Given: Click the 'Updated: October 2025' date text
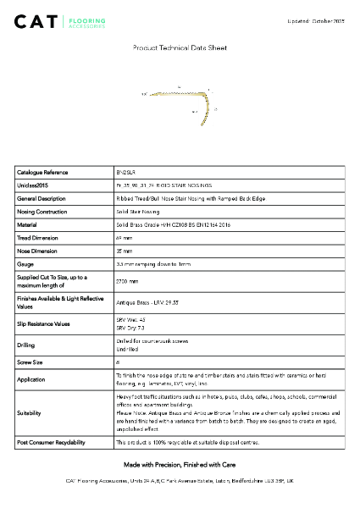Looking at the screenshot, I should [316, 19].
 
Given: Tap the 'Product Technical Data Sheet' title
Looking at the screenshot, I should [180, 49].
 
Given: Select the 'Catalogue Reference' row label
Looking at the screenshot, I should [42, 172].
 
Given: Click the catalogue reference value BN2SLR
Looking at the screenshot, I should [125, 172].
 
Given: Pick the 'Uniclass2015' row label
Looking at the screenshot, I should [33, 185].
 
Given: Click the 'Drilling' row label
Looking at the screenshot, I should [26, 345].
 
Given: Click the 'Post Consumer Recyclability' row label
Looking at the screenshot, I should [50, 442].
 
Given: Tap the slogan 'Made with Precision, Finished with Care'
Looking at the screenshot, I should [180, 465].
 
